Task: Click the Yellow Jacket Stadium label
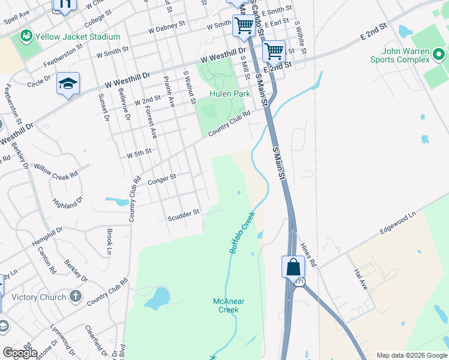point(78,37)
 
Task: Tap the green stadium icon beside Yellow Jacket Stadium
point(26,37)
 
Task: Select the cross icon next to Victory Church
point(76,296)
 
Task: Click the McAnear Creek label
point(226,305)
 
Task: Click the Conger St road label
point(161,179)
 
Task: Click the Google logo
point(19,353)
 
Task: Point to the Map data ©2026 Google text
point(411,355)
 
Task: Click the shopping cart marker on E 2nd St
point(274,52)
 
